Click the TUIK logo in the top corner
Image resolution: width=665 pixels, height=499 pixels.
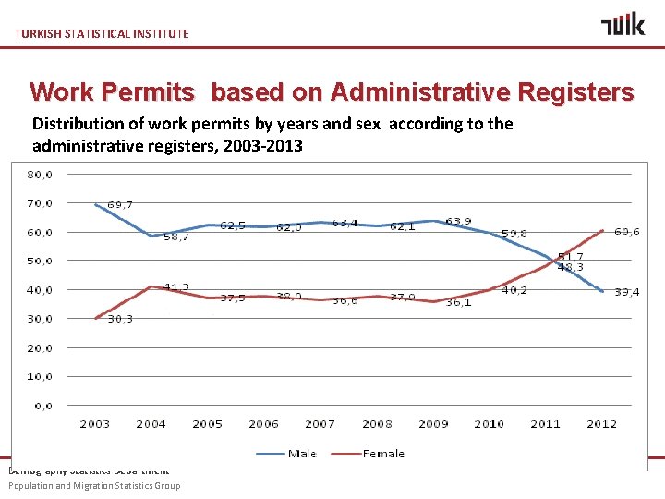click(x=623, y=24)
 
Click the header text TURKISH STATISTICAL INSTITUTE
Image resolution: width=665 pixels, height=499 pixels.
click(x=102, y=33)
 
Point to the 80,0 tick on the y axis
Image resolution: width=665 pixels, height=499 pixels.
click(x=39, y=174)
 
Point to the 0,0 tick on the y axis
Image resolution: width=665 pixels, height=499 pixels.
click(x=42, y=406)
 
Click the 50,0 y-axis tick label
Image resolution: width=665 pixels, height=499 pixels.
click(x=39, y=261)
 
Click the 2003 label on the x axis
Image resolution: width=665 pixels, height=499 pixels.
click(x=94, y=424)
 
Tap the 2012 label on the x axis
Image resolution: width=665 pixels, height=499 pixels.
click(x=602, y=424)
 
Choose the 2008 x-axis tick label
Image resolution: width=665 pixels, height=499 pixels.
click(x=377, y=424)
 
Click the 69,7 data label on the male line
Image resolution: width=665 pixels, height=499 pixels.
click(x=121, y=204)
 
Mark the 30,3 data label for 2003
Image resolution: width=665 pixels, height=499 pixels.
click(x=120, y=319)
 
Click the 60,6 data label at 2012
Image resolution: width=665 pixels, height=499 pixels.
click(x=627, y=232)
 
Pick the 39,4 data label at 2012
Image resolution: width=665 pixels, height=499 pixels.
click(x=628, y=292)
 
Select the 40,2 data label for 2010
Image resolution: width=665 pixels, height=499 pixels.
click(x=514, y=290)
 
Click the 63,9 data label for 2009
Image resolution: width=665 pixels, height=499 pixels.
click(x=459, y=222)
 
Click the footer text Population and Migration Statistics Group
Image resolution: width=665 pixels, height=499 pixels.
click(x=94, y=485)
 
